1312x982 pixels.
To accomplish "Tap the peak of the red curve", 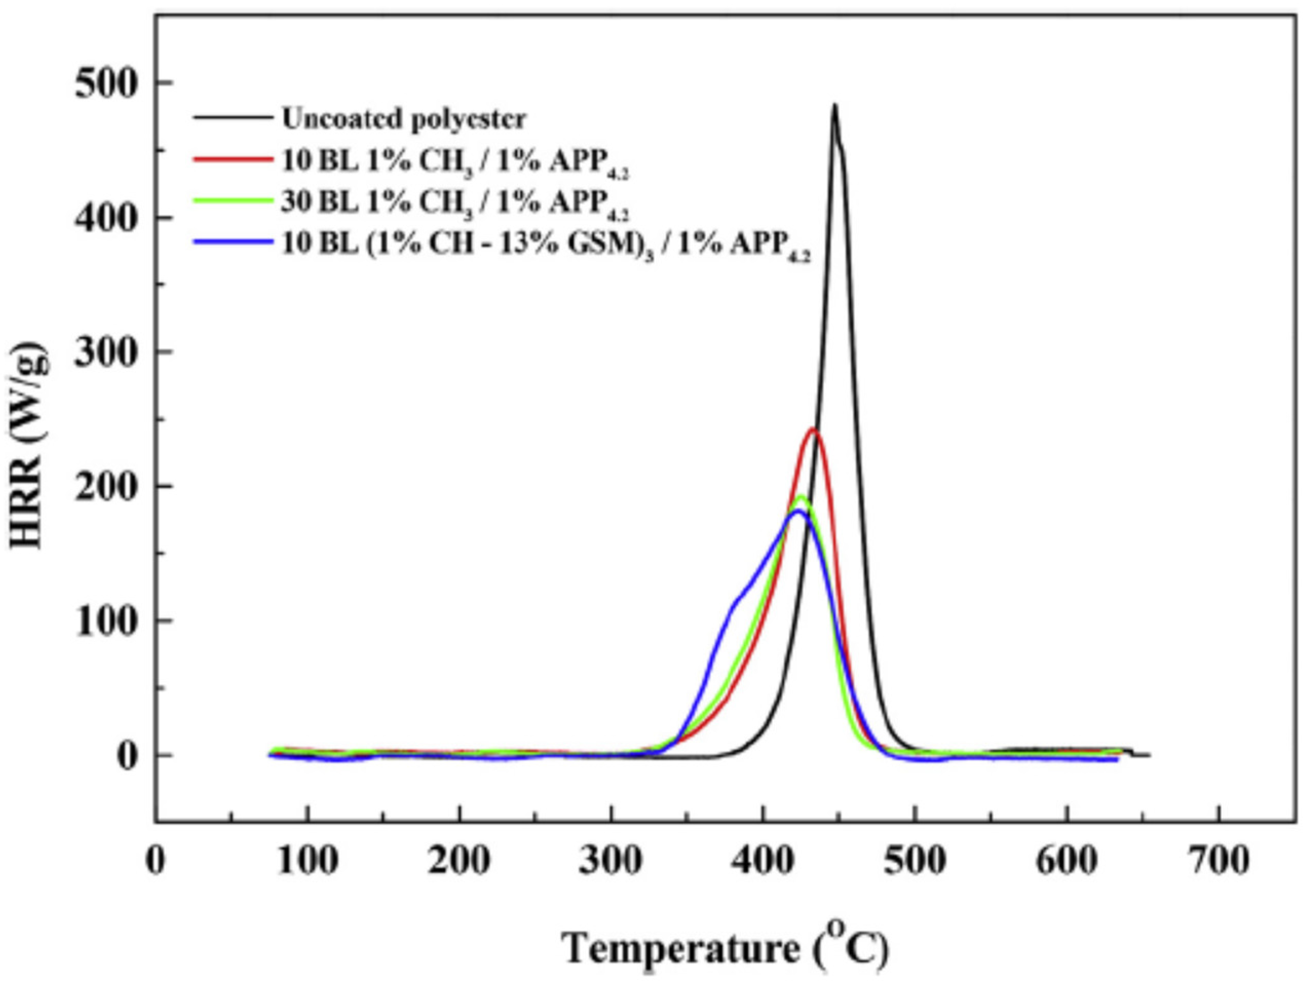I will click(x=813, y=429).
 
